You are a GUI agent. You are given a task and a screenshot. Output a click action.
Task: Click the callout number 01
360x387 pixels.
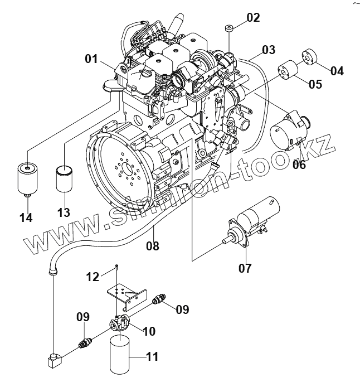click(x=91, y=58)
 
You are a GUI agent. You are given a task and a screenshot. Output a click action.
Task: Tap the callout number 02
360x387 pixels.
click(x=253, y=17)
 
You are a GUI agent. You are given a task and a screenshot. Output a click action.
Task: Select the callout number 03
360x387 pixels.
click(x=269, y=50)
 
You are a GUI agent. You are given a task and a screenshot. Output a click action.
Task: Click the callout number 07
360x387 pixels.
click(x=245, y=268)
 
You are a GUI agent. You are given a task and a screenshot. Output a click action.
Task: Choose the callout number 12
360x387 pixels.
click(x=93, y=276)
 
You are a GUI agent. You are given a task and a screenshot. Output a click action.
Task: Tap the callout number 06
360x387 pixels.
click(x=299, y=164)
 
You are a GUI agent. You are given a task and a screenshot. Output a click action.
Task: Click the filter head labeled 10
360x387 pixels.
click(x=120, y=323)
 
